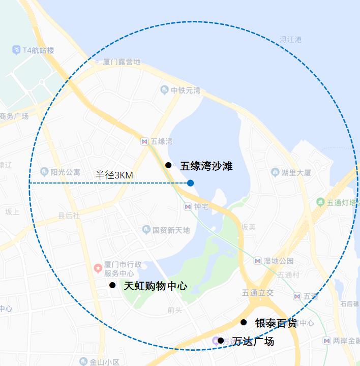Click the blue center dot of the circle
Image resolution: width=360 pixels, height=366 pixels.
(x=190, y=182)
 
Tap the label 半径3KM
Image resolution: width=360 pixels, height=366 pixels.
(x=114, y=175)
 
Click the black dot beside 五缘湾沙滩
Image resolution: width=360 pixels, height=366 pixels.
(x=168, y=165)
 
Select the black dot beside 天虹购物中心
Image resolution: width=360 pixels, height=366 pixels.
(x=112, y=285)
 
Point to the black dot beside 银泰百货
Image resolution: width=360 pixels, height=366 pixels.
(x=244, y=322)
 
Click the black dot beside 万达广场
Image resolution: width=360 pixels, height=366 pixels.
(x=221, y=341)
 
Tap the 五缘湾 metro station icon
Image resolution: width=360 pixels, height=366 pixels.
(x=145, y=141)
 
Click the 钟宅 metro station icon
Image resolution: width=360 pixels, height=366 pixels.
(x=188, y=206)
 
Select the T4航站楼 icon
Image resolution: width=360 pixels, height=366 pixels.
(x=16, y=50)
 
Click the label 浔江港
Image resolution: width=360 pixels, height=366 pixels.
(x=291, y=39)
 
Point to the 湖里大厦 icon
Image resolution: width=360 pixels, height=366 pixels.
(x=275, y=173)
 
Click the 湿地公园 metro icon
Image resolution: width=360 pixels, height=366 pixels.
(x=258, y=261)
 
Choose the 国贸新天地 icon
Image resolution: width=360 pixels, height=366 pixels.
(x=146, y=230)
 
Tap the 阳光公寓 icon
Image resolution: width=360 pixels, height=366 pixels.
(x=44, y=172)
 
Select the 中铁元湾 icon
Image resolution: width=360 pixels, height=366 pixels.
(x=164, y=90)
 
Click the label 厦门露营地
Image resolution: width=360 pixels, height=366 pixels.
(x=121, y=62)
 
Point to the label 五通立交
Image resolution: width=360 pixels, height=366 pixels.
(x=258, y=293)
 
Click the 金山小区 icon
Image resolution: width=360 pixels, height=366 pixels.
(x=83, y=361)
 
